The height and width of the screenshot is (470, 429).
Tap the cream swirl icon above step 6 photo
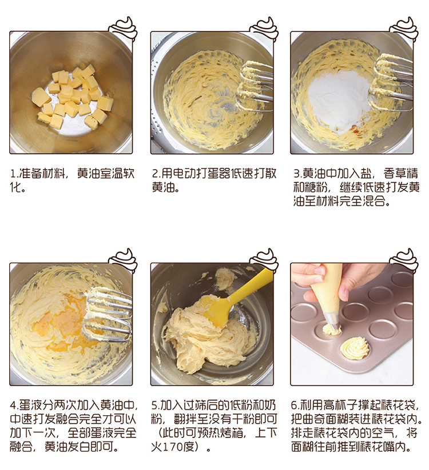(x=404, y=260)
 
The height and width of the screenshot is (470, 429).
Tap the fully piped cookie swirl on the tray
(x=355, y=348)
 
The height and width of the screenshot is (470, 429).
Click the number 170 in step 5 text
(x=172, y=447)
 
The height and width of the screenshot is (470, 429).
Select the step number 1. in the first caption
(x=14, y=174)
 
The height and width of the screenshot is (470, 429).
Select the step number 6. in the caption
(x=295, y=405)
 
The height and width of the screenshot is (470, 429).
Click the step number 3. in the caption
(x=297, y=174)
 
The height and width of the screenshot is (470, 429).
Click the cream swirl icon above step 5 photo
(x=264, y=260)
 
